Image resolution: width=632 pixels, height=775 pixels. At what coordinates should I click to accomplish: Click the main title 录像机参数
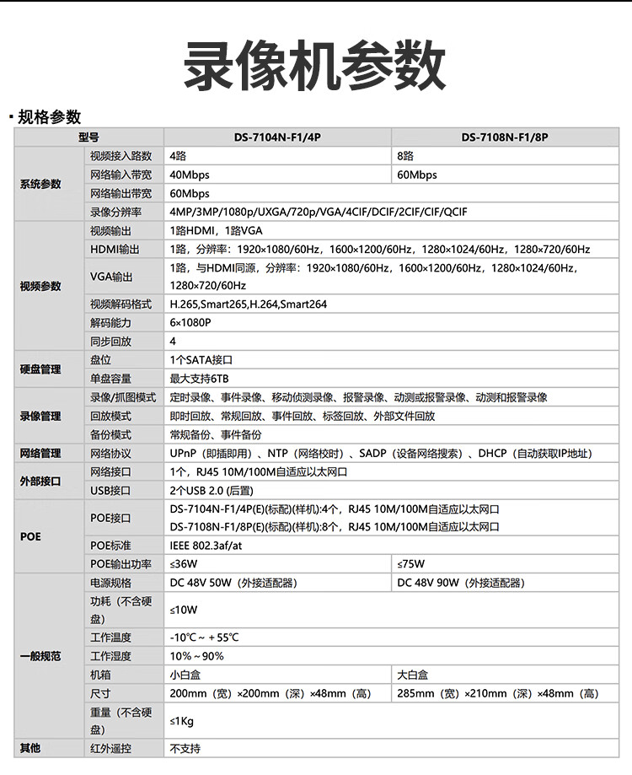click(315, 66)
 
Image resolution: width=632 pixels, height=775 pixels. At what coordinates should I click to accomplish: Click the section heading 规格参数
click(49, 116)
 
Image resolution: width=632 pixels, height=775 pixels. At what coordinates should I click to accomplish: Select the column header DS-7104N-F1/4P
click(276, 137)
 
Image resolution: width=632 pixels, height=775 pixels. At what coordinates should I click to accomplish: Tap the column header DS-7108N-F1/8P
click(510, 137)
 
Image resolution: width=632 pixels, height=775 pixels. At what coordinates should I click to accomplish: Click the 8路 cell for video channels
click(405, 156)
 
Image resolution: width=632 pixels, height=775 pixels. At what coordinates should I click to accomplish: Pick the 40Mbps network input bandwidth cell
click(190, 175)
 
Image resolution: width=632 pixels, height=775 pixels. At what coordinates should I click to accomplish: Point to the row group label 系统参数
click(41, 184)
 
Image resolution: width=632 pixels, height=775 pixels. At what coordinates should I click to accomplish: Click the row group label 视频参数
click(41, 286)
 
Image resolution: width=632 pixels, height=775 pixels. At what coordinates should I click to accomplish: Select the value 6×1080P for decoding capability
click(190, 323)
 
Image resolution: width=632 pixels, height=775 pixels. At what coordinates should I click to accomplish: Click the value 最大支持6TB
click(199, 379)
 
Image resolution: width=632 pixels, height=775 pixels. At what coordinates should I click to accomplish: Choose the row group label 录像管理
click(41, 416)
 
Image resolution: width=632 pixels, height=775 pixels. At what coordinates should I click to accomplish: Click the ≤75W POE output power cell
click(410, 564)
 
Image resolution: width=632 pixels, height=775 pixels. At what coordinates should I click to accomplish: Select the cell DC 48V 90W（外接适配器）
click(460, 583)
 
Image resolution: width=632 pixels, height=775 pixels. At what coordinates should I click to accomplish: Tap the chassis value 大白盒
click(413, 675)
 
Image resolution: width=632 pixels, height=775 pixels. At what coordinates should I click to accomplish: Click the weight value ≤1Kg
click(182, 721)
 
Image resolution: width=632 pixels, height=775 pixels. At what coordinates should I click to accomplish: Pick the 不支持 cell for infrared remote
click(185, 748)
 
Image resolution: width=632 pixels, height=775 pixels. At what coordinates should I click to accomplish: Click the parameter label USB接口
click(110, 490)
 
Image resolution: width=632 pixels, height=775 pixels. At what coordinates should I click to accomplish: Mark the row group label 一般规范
click(41, 656)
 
